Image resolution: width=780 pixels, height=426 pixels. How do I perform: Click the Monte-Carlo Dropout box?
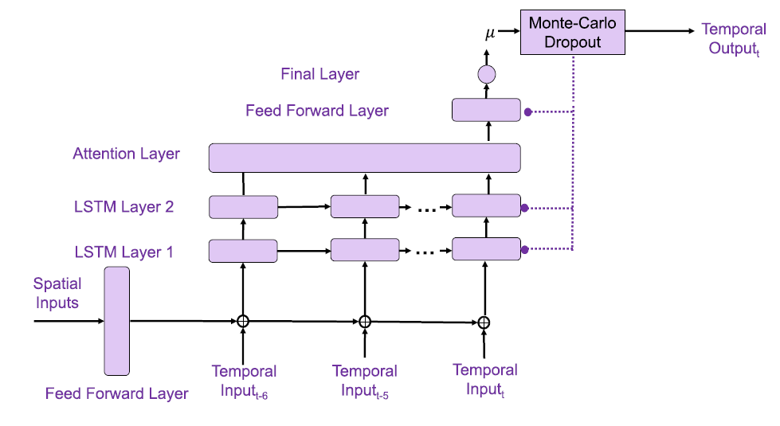click(572, 32)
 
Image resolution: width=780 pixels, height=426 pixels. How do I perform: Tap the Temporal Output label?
click(733, 38)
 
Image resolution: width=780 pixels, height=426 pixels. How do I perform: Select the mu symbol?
click(491, 34)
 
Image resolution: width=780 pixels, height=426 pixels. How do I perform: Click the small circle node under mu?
click(486, 76)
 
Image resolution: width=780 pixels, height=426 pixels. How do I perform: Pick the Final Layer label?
click(319, 74)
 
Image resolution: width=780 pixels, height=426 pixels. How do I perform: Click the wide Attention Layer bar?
click(364, 158)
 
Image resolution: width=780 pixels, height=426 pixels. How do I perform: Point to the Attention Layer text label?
click(126, 154)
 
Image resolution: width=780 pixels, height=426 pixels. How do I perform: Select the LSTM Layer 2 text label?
click(123, 207)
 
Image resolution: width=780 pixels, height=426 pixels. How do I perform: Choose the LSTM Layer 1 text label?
click(123, 252)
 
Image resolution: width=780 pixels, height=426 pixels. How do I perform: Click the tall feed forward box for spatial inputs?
click(116, 321)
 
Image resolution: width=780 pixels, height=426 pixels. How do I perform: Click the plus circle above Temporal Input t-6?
click(243, 321)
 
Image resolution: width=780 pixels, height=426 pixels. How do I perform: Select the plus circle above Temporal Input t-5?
click(365, 322)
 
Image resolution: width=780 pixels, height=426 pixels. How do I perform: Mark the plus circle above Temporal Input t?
click(484, 322)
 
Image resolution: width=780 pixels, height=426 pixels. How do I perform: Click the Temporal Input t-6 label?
click(244, 380)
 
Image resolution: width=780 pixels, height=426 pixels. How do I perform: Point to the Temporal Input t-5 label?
click(364, 380)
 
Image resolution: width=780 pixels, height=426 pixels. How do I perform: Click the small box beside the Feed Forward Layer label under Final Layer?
click(486, 110)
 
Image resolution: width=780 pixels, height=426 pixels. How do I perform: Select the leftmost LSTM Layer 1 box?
click(243, 251)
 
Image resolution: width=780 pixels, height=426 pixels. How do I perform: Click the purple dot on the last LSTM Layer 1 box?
click(524, 249)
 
